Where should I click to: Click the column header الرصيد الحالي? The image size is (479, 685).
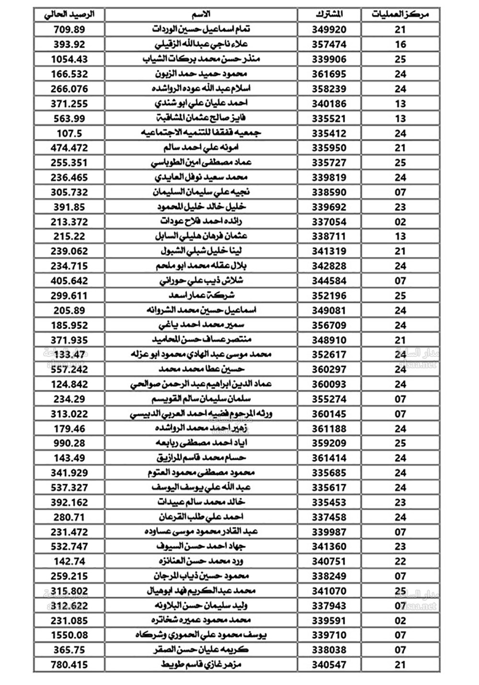(x=69, y=14)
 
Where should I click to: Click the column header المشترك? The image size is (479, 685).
(x=329, y=14)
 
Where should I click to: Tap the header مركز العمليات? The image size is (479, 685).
(x=400, y=14)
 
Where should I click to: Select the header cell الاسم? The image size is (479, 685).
(x=201, y=14)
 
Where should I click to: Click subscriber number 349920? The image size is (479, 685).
(x=329, y=29)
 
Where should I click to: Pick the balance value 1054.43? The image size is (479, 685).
(x=69, y=59)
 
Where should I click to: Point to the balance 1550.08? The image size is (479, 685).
(x=69, y=635)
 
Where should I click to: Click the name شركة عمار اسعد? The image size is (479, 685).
(x=201, y=295)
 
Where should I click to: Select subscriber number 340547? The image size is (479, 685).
(x=329, y=664)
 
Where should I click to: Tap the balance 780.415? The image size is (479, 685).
(x=69, y=664)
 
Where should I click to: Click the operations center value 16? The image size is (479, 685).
(x=400, y=44)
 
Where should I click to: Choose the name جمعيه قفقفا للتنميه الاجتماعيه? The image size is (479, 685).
(x=201, y=133)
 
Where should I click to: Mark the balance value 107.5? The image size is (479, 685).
(x=69, y=133)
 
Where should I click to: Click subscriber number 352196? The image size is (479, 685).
(x=329, y=295)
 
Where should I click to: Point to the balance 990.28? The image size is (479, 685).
(x=69, y=443)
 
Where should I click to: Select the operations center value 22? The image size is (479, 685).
(x=400, y=561)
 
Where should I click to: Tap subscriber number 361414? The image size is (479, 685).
(x=329, y=458)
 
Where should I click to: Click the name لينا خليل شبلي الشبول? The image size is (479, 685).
(x=201, y=251)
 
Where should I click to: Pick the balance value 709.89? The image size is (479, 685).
(x=69, y=29)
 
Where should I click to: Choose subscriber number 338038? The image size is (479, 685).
(x=329, y=650)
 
